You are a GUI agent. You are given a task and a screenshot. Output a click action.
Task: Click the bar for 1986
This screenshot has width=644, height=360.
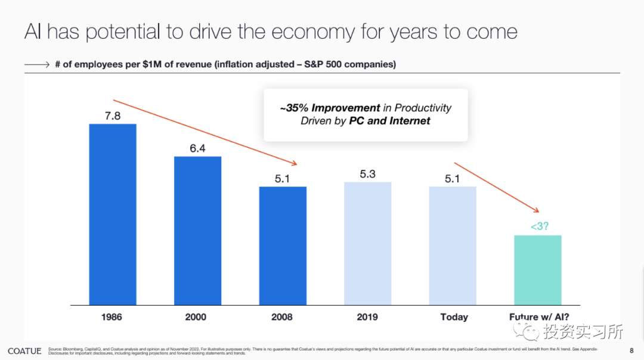pos(113,215)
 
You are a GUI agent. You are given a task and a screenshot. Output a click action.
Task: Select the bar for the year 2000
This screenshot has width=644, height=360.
pos(197,231)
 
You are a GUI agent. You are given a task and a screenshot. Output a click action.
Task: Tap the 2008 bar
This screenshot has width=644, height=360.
pos(282,246)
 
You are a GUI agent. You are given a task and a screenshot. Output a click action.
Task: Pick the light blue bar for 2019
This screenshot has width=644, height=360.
pos(367,243)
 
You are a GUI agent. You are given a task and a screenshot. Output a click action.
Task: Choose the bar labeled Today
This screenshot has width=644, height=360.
pos(453,246)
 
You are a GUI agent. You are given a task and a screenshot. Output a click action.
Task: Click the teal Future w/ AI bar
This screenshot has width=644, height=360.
pos(537,270)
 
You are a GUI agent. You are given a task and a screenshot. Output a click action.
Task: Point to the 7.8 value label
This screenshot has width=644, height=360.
pos(113,116)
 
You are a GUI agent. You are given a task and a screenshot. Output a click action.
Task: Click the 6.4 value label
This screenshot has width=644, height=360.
pos(197,148)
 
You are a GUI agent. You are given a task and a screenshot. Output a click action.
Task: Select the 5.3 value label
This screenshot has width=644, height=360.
pos(367,174)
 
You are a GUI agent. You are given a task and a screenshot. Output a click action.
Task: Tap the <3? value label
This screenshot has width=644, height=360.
pos(537,226)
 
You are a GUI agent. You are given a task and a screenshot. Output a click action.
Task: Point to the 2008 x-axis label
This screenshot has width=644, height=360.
pos(281,317)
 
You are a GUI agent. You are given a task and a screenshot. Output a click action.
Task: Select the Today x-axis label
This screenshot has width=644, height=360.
pos(454,317)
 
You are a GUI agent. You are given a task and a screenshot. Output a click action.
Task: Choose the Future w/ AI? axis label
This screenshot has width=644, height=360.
pos(538,317)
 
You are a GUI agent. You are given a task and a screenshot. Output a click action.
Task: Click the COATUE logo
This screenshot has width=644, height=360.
pos(24,351)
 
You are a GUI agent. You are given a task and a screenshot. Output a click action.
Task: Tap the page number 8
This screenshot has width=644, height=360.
pos(631,350)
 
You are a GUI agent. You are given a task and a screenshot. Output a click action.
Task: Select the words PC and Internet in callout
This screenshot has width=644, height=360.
pos(389,121)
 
